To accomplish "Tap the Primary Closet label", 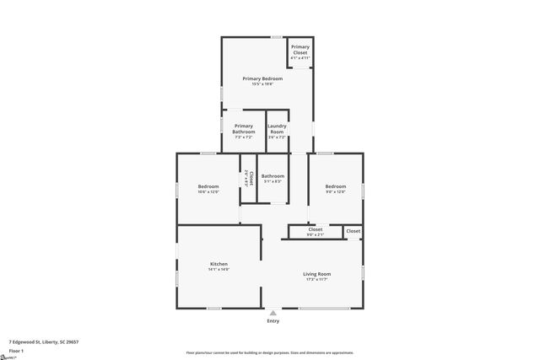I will point(300,50).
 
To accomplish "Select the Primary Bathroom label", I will point(244,129).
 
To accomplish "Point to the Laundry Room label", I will point(277,129).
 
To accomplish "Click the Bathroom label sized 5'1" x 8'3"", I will point(273,175).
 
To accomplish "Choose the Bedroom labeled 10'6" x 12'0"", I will point(208,186).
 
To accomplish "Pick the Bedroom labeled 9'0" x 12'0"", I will point(336,186).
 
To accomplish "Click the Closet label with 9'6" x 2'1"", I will point(315,229).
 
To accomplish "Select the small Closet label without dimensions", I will point(353,230).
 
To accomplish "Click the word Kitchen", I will point(219,264).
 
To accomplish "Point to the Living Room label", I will point(317,274).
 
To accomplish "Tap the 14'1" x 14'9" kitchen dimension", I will point(219,270).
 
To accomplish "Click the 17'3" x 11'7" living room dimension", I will point(317,280).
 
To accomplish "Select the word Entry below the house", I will point(273,321).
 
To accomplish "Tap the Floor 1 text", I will point(17,350).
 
